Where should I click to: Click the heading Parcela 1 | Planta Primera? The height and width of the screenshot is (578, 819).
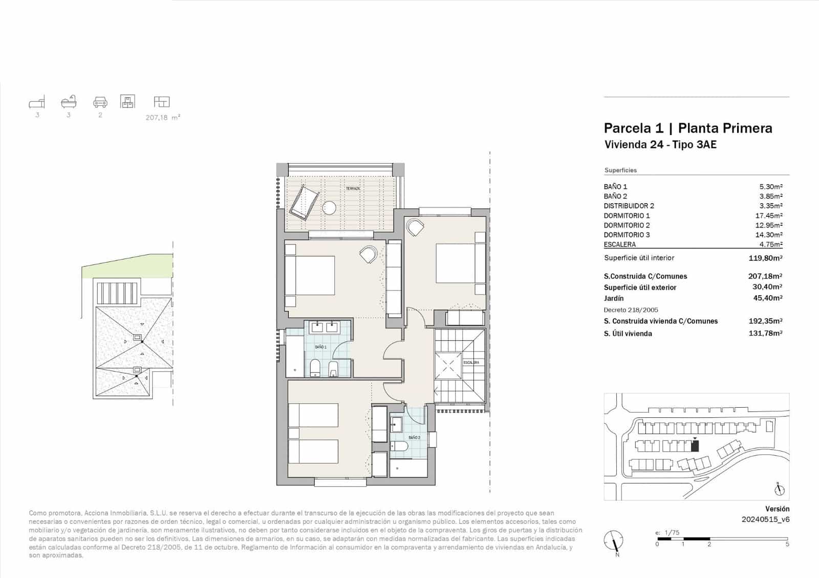[x=687, y=128]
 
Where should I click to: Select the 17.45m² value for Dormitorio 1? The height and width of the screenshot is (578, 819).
[x=768, y=215]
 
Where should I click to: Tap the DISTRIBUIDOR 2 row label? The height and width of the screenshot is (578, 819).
[x=629, y=206]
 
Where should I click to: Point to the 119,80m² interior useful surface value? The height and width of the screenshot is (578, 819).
[x=765, y=258]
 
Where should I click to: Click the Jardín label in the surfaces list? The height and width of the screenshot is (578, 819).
[x=613, y=298]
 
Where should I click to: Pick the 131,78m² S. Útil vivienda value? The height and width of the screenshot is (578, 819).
[x=765, y=334]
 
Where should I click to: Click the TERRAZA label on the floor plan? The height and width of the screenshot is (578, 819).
[x=353, y=189]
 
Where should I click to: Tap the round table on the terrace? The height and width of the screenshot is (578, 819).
[x=329, y=208]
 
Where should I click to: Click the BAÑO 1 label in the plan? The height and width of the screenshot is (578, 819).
[x=320, y=347]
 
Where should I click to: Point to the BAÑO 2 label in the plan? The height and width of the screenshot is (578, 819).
[x=414, y=437]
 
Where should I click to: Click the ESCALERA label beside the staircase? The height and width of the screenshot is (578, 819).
[x=471, y=362]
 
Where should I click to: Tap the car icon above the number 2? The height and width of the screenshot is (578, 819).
[x=100, y=102]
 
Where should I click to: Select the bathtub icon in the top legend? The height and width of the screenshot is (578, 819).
[x=69, y=101]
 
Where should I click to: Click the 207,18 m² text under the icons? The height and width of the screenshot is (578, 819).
[x=163, y=118]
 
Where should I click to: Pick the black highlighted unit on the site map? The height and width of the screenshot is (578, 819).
[x=695, y=446]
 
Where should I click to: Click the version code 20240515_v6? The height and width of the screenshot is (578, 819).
[x=765, y=519]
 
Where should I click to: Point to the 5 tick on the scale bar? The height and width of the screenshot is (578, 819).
[x=787, y=544]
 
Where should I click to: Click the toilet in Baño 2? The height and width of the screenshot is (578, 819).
[x=399, y=447]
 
